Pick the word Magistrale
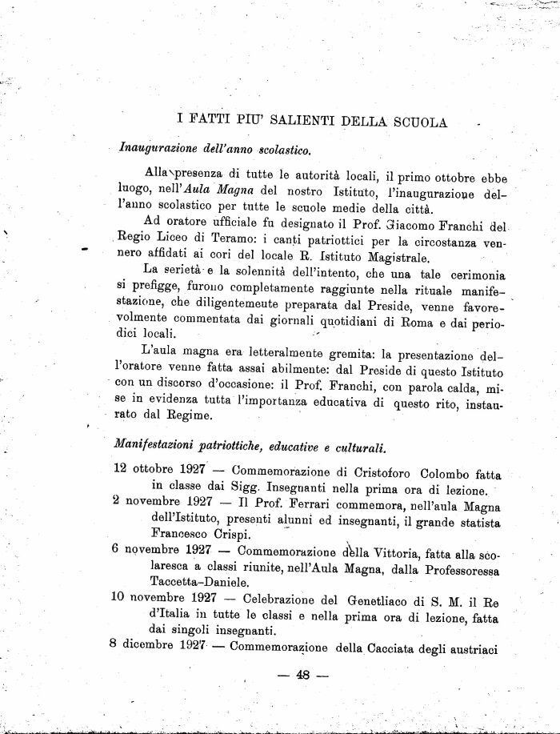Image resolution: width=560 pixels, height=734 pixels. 389,257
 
